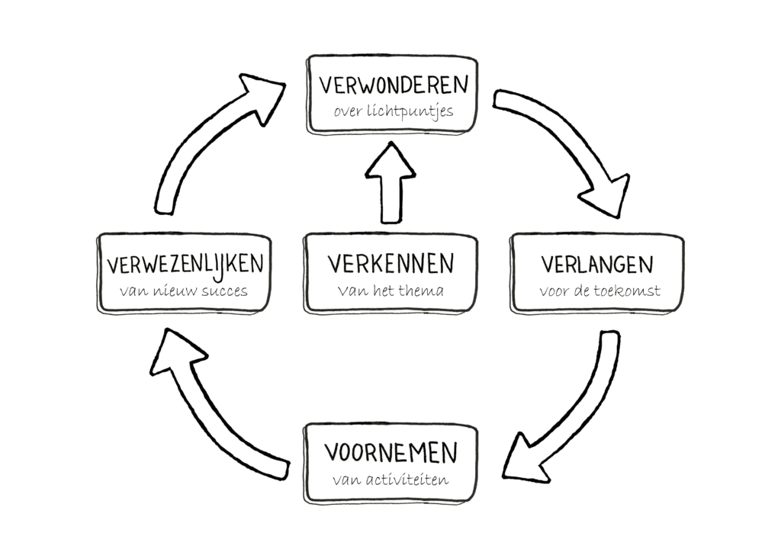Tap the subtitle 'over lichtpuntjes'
tap(393, 111)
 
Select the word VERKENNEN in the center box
tap(390, 264)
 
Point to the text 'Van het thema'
tap(390, 290)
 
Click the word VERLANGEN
tap(597, 264)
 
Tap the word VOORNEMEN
tap(392, 452)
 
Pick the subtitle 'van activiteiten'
tap(390, 480)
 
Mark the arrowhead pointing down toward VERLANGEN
tap(607, 195)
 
